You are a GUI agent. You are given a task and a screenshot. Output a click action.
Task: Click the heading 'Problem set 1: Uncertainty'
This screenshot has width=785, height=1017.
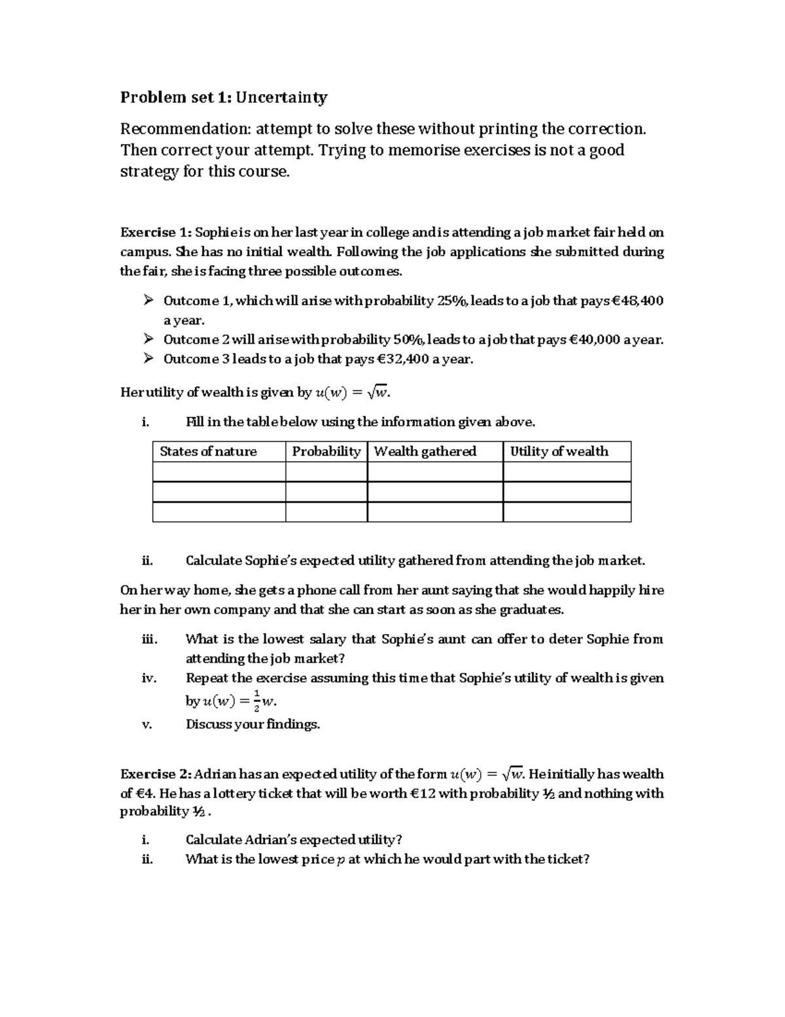click(224, 98)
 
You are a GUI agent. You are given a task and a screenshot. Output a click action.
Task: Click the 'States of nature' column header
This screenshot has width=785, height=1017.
click(208, 451)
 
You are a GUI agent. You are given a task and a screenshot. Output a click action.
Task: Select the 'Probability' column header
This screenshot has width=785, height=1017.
click(326, 451)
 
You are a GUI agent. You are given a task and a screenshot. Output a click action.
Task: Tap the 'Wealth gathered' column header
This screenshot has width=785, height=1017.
click(425, 451)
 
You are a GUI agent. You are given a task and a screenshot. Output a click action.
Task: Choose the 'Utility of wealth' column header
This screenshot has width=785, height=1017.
click(559, 451)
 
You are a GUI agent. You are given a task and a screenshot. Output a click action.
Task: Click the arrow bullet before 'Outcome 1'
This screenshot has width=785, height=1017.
click(148, 301)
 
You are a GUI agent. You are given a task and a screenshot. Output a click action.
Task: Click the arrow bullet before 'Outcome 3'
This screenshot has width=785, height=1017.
click(148, 359)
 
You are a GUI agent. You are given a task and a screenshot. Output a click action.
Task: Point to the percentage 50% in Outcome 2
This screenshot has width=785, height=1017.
click(410, 340)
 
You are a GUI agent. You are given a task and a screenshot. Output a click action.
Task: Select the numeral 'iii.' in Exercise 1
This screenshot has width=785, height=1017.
click(150, 639)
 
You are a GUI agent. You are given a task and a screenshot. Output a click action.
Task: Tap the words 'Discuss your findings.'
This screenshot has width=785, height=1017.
click(253, 724)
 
